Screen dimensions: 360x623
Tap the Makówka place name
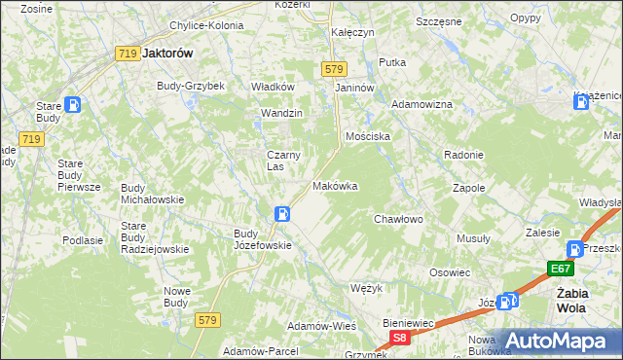click(335, 186)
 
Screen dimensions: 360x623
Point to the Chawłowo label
click(399, 220)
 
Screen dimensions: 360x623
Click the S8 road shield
click(398, 337)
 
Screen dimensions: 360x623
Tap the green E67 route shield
click(559, 270)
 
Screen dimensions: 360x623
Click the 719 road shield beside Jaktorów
click(127, 54)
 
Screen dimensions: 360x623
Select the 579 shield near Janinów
click(334, 69)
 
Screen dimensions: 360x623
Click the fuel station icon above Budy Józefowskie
click(281, 214)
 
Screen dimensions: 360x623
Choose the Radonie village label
click(463, 155)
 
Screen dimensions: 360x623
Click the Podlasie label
click(83, 240)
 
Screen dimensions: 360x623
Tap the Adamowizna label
click(422, 104)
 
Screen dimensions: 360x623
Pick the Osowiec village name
click(451, 273)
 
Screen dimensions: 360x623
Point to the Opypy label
click(526, 18)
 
